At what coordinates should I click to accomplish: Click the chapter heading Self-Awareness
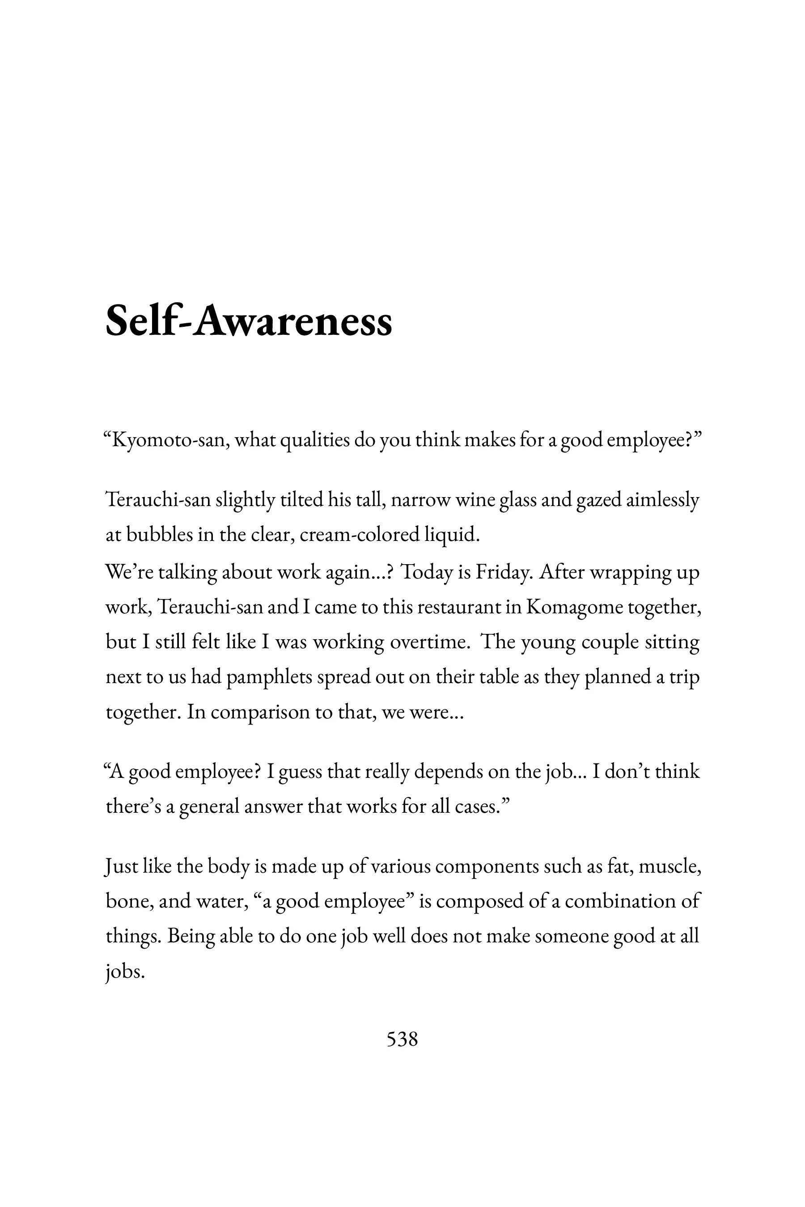(249, 321)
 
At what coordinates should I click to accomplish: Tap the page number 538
(402, 1039)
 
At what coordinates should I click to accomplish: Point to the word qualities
(315, 440)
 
